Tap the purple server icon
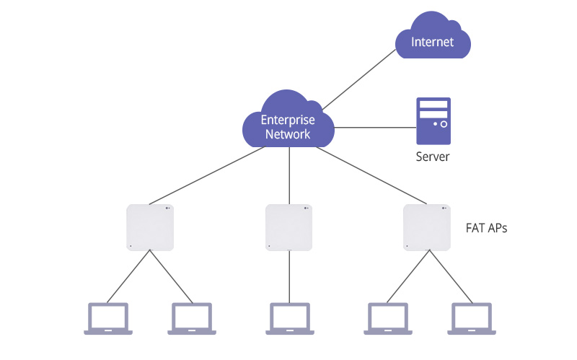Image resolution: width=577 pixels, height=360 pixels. click(x=433, y=121)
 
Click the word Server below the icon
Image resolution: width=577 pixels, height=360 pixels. click(x=433, y=157)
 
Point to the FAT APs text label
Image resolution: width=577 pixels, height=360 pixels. click(x=487, y=228)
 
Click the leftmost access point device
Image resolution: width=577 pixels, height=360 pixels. click(x=150, y=227)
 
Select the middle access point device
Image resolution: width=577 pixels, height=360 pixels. click(x=288, y=227)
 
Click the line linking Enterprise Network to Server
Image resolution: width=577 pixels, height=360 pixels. click(x=375, y=128)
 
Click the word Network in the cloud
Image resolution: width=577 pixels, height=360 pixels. click(x=288, y=134)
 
